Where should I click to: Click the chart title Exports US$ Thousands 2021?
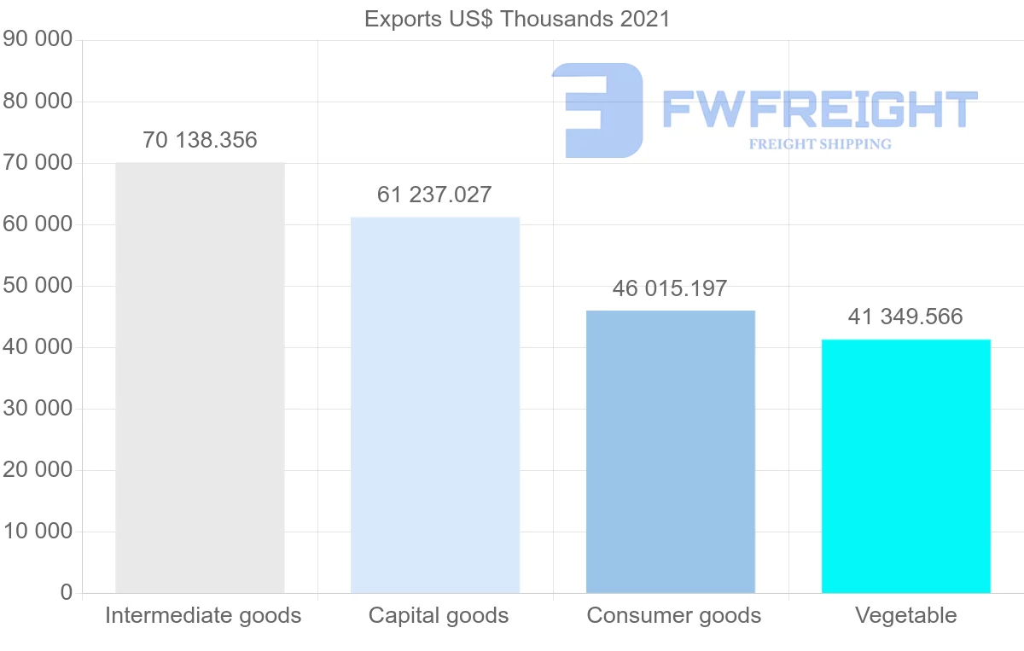tap(517, 19)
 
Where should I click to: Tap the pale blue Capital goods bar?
tap(435, 404)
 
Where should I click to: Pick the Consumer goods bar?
tap(671, 451)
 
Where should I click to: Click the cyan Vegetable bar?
tap(906, 466)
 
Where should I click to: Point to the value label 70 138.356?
tap(200, 140)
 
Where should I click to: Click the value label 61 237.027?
tap(434, 195)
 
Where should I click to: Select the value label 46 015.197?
tap(670, 288)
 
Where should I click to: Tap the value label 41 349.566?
tap(905, 317)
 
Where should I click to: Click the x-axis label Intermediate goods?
tap(203, 615)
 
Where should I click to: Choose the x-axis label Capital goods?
tap(439, 615)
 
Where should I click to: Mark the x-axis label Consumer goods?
tap(674, 615)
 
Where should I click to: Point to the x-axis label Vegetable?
tap(906, 615)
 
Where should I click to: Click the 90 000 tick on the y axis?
tap(38, 40)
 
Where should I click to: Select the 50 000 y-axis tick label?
tap(38, 286)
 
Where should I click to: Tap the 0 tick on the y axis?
tap(67, 593)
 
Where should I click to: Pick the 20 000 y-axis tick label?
tap(38, 470)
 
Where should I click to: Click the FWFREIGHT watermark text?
tap(819, 110)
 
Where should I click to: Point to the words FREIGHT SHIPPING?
tap(820, 144)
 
